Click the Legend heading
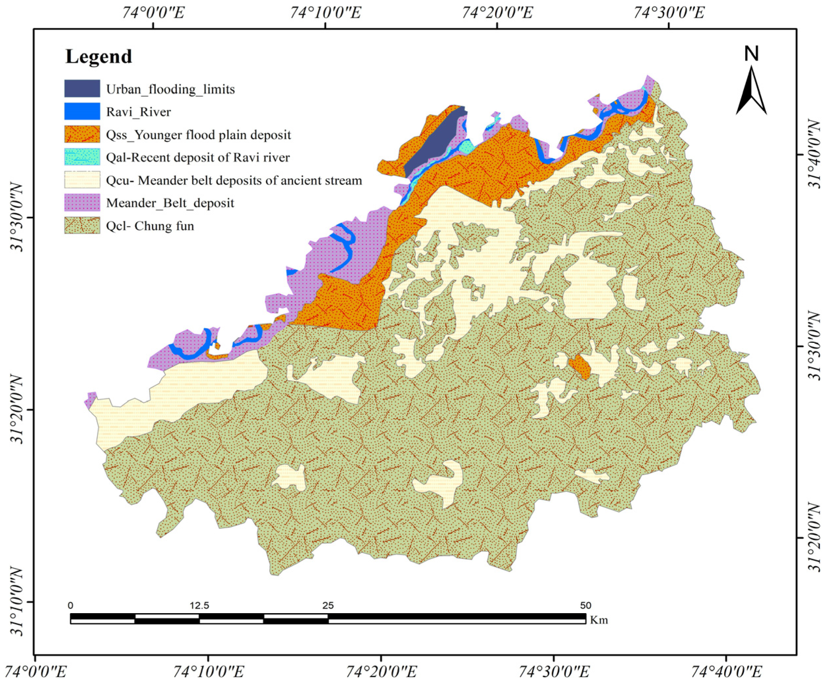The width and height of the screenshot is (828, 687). [99, 56]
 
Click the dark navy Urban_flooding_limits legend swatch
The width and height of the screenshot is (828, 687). [82, 88]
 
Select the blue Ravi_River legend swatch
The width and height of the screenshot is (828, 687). [82, 111]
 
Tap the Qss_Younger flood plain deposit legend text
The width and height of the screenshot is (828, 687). [198, 135]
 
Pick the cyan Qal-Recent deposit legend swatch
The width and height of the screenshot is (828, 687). [82, 157]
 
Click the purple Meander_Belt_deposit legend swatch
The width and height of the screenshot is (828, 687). [82, 202]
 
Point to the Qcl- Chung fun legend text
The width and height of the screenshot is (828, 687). [150, 226]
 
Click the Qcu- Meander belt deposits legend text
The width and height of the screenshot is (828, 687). [234, 180]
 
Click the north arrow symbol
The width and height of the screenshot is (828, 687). [751, 93]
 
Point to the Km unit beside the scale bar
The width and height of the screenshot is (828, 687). [599, 620]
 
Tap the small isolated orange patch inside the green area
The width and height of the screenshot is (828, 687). [580, 366]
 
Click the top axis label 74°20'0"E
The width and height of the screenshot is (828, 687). [497, 13]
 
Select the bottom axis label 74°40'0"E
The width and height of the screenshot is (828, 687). [725, 672]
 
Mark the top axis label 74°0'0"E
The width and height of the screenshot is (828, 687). [153, 13]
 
